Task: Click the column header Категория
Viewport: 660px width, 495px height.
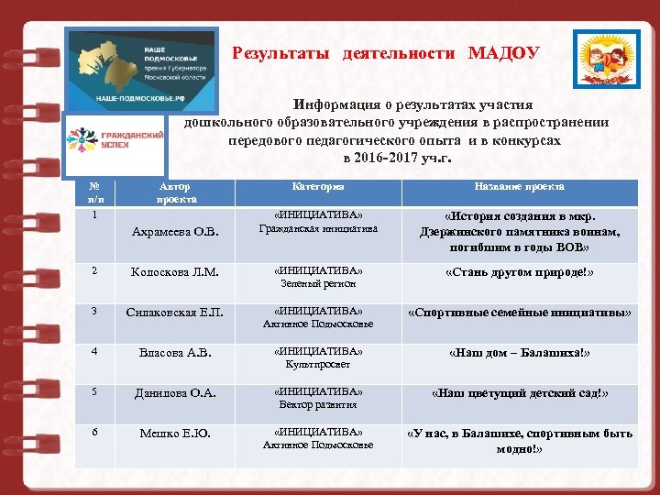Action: (x=318, y=186)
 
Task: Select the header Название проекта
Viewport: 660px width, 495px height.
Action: (x=519, y=186)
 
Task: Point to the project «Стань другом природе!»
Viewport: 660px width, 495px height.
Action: (x=519, y=272)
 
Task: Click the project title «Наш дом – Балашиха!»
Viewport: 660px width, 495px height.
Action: (x=519, y=352)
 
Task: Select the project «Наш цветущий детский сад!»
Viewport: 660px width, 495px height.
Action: (x=519, y=392)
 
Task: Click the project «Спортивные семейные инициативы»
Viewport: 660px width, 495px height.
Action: (x=519, y=312)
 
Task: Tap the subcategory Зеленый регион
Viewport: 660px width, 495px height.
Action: (x=318, y=284)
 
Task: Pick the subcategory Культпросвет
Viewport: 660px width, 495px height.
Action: (x=318, y=364)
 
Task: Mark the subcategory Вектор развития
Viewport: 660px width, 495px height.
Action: (x=318, y=404)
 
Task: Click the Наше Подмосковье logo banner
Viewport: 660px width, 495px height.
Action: (x=141, y=70)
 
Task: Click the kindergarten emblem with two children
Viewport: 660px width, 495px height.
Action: (x=600, y=59)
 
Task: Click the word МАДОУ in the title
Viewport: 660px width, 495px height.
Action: (x=503, y=53)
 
